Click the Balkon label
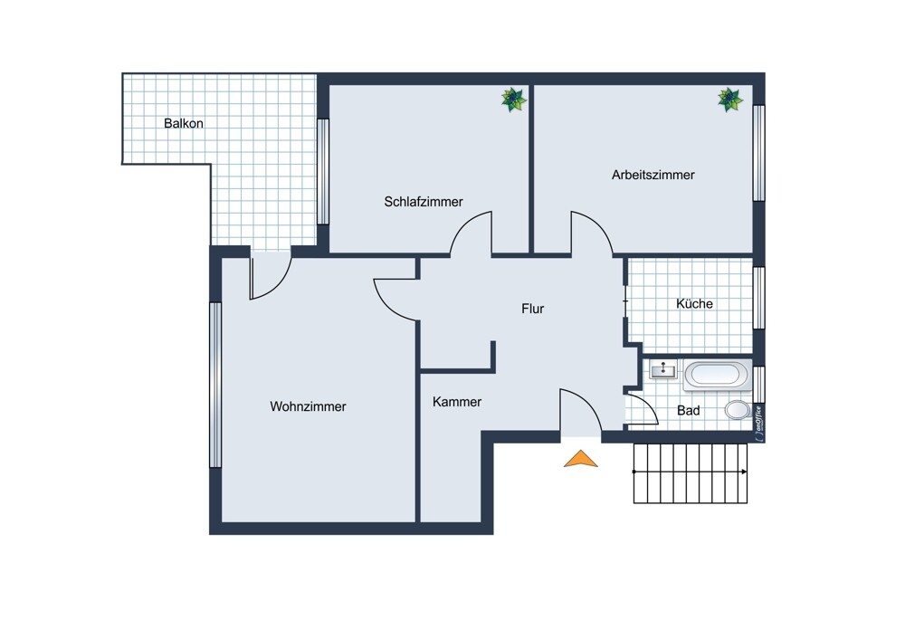point(184,123)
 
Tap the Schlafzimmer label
point(424,202)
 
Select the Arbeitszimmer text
point(653,175)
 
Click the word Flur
point(533,309)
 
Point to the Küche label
point(694,303)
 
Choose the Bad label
point(689,410)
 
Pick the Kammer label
point(457,402)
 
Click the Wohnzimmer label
point(309,406)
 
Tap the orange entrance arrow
point(581,460)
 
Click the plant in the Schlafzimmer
point(514,100)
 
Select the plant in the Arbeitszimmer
point(730,100)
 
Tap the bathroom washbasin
point(663,369)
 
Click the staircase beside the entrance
point(691,473)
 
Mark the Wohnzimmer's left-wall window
point(215,385)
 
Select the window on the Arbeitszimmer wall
point(759,153)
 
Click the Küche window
point(759,298)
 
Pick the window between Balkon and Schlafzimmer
point(323,171)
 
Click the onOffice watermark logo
point(759,424)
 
